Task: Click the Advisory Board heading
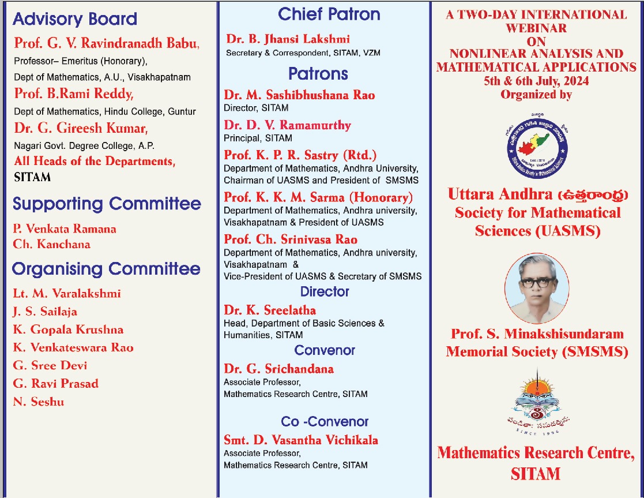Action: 75,19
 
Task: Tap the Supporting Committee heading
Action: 107,204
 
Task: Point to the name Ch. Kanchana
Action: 52,244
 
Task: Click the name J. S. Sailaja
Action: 45,312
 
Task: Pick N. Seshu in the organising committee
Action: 39,402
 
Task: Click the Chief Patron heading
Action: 329,14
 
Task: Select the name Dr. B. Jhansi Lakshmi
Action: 288,39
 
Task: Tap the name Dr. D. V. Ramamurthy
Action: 287,125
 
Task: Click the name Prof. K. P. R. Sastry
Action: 300,155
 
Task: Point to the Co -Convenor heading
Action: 325,422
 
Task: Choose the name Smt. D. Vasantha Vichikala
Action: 301,440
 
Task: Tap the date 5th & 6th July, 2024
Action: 536,81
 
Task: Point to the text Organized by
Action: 536,94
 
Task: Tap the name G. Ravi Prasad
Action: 56,384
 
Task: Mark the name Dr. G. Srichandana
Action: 278,369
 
